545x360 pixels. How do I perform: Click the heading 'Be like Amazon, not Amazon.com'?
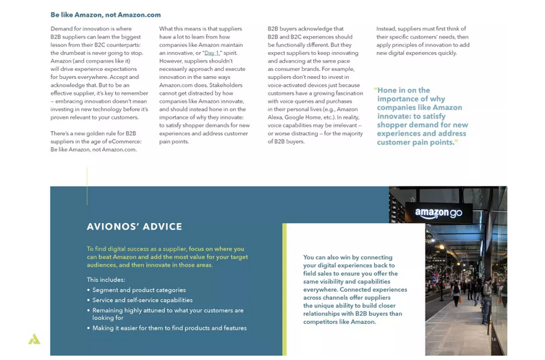pyautogui.click(x=106, y=14)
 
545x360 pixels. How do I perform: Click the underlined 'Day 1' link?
pyautogui.click(x=211, y=53)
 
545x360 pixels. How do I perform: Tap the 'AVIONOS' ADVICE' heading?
pyautogui.click(x=135, y=227)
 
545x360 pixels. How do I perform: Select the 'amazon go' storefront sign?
pyautogui.click(x=439, y=213)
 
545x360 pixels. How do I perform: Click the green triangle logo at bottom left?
pyautogui.click(x=34, y=339)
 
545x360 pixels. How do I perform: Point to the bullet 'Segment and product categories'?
pyautogui.click(x=139, y=290)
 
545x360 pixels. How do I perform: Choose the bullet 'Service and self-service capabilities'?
pyautogui.click(x=143, y=300)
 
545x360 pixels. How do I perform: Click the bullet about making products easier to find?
pyautogui.click(x=169, y=328)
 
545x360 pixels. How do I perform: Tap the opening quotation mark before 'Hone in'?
pyautogui.click(x=376, y=90)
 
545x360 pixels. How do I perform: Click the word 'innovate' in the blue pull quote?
pyautogui.click(x=394, y=116)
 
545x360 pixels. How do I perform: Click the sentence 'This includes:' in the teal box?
pyautogui.click(x=106, y=280)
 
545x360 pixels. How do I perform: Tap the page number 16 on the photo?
pyautogui.click(x=494, y=339)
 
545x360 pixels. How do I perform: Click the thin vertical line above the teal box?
pyautogui.click(x=87, y=186)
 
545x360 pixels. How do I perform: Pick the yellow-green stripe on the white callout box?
pyautogui.click(x=284, y=290)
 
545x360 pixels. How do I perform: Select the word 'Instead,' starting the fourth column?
pyautogui.click(x=387, y=29)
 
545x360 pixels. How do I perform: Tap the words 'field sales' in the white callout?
pyautogui.click(x=320, y=274)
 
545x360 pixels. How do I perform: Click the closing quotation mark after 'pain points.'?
pyautogui.click(x=457, y=142)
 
